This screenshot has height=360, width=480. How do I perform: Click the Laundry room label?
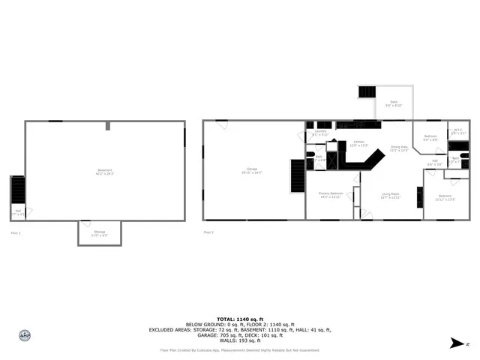[x=320, y=133]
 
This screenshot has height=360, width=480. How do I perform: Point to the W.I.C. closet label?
[x=457, y=131]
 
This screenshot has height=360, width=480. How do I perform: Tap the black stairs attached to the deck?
[x=367, y=92]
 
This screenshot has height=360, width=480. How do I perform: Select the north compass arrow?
[x=454, y=343]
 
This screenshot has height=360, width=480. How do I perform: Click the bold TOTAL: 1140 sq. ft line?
[x=239, y=318]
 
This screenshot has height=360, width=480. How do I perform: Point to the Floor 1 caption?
[x=14, y=233]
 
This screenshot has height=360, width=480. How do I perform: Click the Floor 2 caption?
[x=208, y=232]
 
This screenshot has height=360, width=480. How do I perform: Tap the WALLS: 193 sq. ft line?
[x=239, y=340]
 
